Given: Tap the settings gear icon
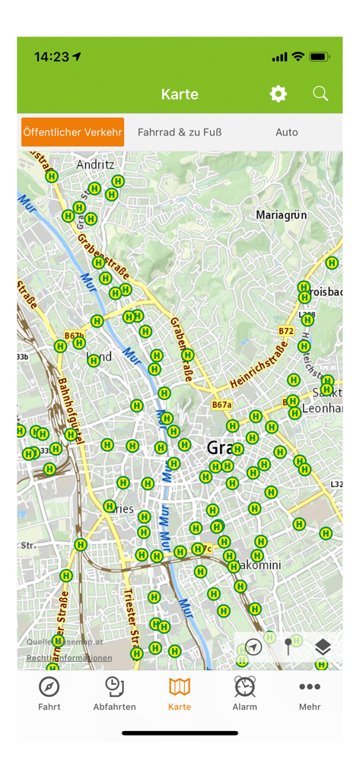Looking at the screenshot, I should [279, 94].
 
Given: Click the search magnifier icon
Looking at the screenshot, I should [320, 94].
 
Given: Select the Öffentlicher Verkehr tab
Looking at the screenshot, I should [72, 132].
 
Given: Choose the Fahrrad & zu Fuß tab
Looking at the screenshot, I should [180, 132].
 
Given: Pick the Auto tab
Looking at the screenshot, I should [286, 132].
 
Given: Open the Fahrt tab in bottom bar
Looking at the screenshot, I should [49, 693].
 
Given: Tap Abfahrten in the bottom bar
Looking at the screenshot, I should [114, 693].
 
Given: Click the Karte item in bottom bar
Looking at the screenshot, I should [180, 693].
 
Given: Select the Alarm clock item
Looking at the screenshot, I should [244, 693].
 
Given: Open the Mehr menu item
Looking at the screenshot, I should [310, 693].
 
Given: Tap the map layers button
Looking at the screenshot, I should [323, 647].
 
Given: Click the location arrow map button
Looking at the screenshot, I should [253, 647].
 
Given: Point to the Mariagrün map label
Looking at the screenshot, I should [281, 215].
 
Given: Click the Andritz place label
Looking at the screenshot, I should [95, 164].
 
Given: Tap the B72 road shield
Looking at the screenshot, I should [285, 332].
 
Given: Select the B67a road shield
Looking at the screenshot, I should [221, 405].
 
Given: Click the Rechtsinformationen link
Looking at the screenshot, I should [69, 658].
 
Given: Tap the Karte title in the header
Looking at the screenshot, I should [180, 94].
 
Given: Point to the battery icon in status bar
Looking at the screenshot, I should [319, 57].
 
